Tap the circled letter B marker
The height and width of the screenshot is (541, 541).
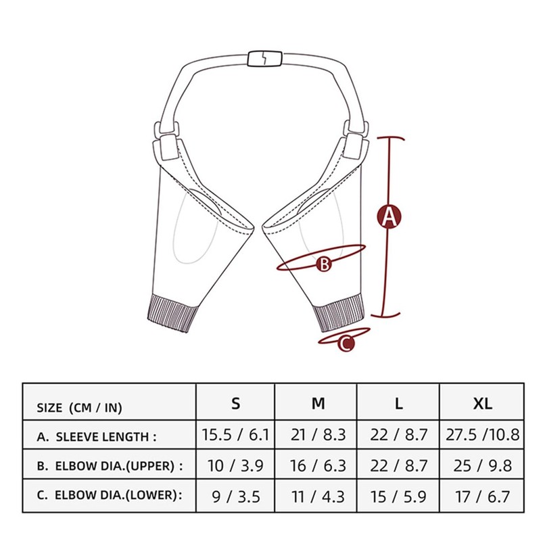(325, 264)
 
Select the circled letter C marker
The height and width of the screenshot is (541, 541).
(346, 344)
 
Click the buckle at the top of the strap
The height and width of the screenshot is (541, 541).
(260, 58)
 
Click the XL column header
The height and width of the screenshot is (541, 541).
(482, 404)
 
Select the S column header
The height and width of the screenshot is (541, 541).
(235, 404)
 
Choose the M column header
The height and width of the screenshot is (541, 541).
(318, 404)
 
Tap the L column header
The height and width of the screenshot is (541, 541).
(399, 404)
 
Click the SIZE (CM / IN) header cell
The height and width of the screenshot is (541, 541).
(80, 408)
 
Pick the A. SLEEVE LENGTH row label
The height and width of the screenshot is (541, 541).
(97, 437)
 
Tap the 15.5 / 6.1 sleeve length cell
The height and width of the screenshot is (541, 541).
(236, 435)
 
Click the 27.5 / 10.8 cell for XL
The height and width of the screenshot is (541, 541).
(482, 435)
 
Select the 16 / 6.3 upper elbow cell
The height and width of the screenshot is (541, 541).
(318, 465)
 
